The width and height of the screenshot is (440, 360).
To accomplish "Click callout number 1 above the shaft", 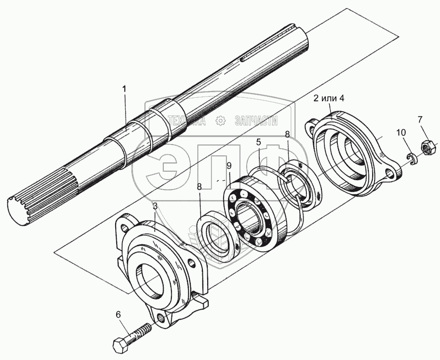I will tap(124, 89).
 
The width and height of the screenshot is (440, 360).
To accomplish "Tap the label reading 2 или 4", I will tap(328, 98).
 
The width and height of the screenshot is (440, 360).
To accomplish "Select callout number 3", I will tap(155, 206).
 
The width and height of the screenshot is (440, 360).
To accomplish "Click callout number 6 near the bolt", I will tap(118, 313).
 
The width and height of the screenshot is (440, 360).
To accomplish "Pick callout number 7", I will tap(420, 119).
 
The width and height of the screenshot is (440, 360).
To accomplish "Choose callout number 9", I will tap(229, 166).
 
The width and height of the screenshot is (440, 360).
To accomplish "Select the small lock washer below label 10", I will tap(411, 158).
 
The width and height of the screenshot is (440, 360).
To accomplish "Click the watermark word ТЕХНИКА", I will tap(186, 121).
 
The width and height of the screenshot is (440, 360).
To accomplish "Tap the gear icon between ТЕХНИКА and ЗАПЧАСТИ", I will tap(220, 121).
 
